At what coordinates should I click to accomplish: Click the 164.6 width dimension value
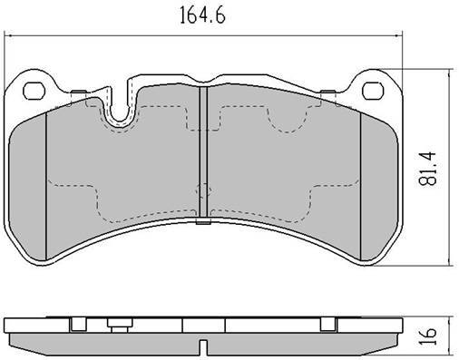pyautogui.click(x=202, y=15)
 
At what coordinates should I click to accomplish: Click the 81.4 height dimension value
pyautogui.click(x=427, y=168)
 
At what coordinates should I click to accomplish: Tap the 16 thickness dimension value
pyautogui.click(x=428, y=336)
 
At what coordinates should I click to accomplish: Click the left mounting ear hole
pyautogui.click(x=34, y=91)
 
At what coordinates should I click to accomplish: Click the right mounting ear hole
pyautogui.click(x=373, y=91)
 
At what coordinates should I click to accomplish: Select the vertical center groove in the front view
pyautogui.click(x=203, y=151)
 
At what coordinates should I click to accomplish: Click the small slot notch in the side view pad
pyautogui.click(x=204, y=346)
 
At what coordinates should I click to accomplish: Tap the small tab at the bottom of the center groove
pyautogui.click(x=203, y=222)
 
